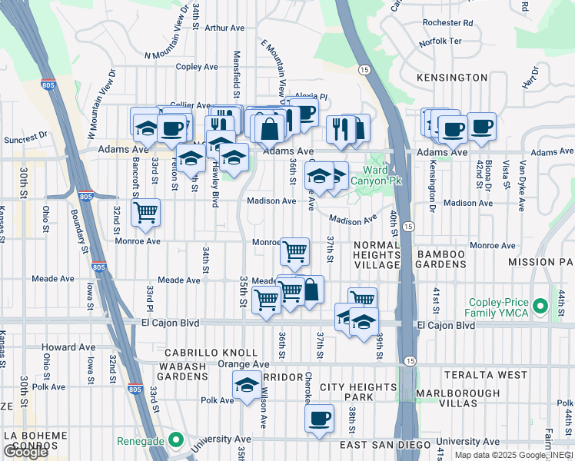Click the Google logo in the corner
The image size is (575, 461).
click(25, 452)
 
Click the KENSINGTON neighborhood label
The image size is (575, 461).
click(452, 78)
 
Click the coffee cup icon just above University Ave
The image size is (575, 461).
click(319, 419)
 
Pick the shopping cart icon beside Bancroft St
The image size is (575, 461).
click(145, 213)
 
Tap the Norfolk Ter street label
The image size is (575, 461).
click(440, 42)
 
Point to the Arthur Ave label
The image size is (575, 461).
click(224, 28)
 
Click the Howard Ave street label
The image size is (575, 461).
click(68, 347)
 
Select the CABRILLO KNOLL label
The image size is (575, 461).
click(204, 353)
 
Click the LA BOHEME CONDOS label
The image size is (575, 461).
click(35, 441)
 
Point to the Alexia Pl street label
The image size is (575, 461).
click(311, 98)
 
